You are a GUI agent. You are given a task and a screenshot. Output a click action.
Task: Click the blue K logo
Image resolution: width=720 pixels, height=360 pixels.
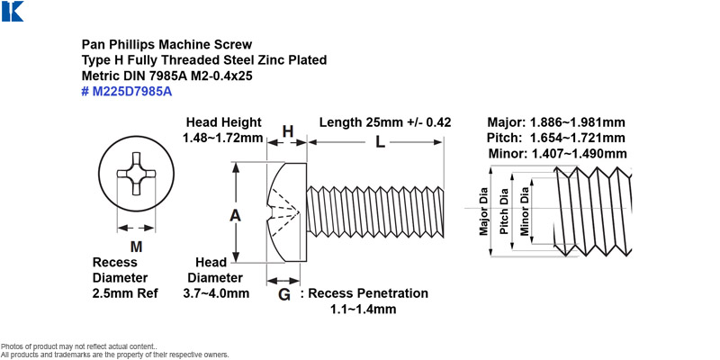(x=13, y=11)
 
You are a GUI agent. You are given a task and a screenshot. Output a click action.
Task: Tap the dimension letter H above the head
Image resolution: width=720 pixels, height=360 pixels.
(x=287, y=131)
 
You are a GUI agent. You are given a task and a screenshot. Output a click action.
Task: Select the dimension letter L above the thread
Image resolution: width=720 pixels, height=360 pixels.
(x=380, y=142)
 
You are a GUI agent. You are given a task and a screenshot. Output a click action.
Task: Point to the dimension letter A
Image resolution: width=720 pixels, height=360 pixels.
(x=235, y=215)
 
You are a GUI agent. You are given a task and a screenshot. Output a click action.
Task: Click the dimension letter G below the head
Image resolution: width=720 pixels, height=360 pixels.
(x=284, y=295)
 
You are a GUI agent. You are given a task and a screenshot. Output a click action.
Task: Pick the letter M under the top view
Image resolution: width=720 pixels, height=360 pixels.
(x=136, y=247)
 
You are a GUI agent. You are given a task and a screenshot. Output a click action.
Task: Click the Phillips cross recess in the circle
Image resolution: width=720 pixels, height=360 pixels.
(x=136, y=175)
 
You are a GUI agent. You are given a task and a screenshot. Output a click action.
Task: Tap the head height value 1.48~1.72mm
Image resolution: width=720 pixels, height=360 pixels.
(x=222, y=138)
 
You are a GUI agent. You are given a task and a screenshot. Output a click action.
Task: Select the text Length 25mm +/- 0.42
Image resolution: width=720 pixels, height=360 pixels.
(x=385, y=122)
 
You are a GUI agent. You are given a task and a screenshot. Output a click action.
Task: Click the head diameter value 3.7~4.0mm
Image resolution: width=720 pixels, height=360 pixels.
(x=215, y=293)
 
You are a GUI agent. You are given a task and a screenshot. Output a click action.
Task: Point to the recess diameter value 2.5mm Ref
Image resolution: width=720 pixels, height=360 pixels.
(x=125, y=293)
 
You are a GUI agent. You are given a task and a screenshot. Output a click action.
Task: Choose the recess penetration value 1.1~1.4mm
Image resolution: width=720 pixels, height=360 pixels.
(x=364, y=309)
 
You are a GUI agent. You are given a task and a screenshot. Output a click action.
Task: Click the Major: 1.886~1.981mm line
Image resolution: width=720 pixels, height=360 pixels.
(x=556, y=122)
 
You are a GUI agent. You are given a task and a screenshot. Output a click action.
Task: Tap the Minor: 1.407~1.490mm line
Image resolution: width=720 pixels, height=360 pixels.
(x=557, y=153)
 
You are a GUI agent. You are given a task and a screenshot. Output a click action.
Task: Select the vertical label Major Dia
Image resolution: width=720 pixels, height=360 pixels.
(x=483, y=211)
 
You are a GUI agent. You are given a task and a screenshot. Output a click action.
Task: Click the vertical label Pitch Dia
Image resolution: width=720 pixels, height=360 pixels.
(x=504, y=211)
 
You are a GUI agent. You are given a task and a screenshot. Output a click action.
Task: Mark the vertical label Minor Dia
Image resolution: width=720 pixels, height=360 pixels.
(x=525, y=211)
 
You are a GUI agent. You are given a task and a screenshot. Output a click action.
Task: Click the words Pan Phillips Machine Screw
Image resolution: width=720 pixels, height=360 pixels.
(x=166, y=44)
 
